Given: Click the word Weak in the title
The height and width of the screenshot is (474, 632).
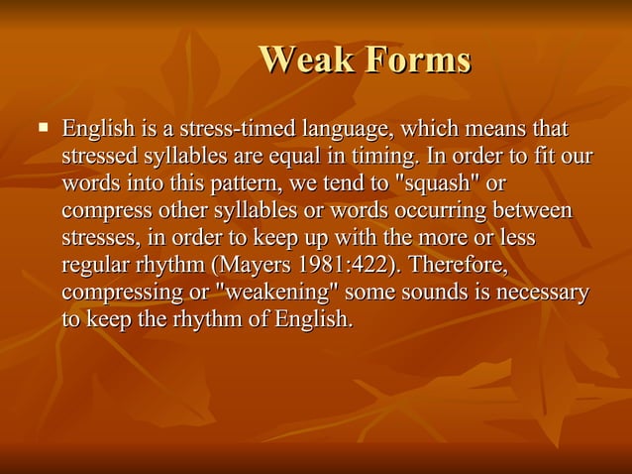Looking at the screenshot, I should [303, 60].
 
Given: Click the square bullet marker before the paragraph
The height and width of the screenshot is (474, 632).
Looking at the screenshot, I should [43, 128].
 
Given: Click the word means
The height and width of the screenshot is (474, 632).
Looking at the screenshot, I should [492, 130].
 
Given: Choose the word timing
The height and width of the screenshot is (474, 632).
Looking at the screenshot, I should [379, 157].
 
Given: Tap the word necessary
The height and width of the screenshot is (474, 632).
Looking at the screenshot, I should [540, 294].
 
